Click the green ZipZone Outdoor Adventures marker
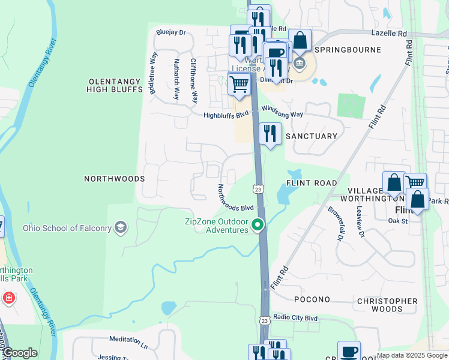point(258,226)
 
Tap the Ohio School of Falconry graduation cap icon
point(121,227)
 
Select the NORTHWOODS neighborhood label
point(114,179)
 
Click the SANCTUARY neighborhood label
point(311,136)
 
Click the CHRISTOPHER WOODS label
point(387,305)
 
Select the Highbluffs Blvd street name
point(226,115)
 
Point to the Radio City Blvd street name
point(295,317)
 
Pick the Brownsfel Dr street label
point(334,223)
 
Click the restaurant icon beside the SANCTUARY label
point(270,134)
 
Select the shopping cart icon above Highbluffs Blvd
point(239,84)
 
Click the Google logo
point(19,353)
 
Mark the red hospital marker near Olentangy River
point(8,298)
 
